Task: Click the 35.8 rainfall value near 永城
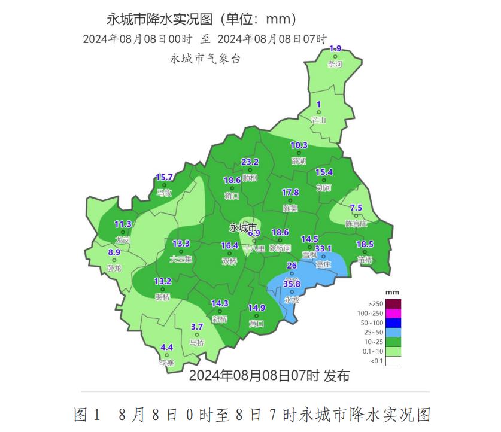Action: (292, 284)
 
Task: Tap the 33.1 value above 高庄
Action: (323, 248)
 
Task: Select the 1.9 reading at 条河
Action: (335, 48)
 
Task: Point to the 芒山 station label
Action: (319, 120)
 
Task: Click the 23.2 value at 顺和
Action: (250, 162)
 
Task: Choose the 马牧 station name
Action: (164, 193)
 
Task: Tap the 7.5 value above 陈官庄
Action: (356, 207)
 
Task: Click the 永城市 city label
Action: (244, 228)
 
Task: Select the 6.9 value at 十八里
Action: (254, 233)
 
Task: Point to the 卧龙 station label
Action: (114, 269)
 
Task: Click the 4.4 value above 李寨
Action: (167, 347)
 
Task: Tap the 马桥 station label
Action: (196, 343)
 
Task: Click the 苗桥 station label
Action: (365, 260)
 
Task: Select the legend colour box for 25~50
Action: (393, 332)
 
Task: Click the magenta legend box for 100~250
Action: (393, 313)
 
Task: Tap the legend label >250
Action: (376, 303)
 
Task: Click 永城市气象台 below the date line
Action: (205, 59)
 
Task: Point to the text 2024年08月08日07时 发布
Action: (269, 376)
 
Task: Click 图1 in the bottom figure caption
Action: (89, 415)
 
